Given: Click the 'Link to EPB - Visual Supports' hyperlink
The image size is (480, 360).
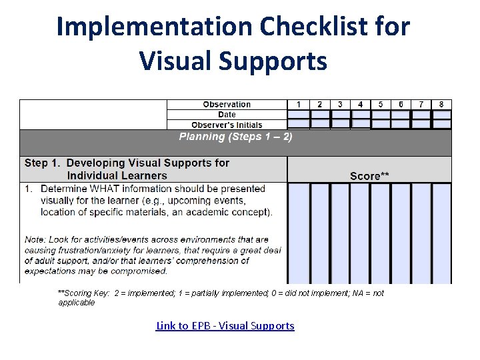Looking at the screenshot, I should (x=225, y=325).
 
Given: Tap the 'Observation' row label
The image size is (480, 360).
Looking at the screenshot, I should (x=227, y=105).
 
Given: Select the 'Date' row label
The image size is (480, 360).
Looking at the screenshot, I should (x=227, y=115).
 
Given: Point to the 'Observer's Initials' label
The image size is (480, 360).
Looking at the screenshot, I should (x=227, y=125).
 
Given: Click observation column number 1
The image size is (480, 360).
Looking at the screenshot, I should (x=299, y=105).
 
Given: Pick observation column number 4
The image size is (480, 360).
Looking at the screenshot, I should (x=360, y=105).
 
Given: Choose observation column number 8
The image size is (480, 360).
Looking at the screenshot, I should (x=441, y=105).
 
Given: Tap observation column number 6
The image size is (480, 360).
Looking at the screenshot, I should (x=401, y=105).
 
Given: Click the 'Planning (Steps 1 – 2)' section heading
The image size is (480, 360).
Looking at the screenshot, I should (x=235, y=137).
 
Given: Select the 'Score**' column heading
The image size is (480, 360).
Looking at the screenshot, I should (x=369, y=176).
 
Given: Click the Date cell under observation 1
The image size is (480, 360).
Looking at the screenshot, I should (x=299, y=115).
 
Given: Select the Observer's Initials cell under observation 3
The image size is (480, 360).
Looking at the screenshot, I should (x=340, y=125).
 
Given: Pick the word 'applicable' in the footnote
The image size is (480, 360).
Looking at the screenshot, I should (x=76, y=303).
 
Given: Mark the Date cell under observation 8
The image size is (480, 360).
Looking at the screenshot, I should (x=441, y=115).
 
